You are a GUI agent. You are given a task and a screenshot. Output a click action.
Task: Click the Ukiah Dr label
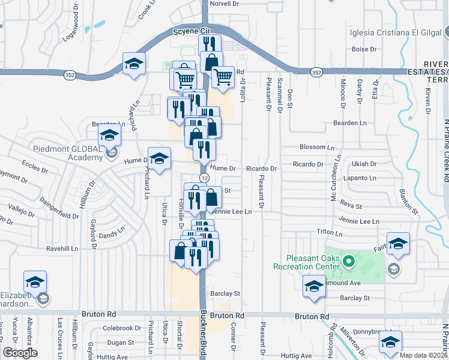[364, 164]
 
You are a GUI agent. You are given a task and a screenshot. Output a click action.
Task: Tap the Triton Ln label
[330, 232]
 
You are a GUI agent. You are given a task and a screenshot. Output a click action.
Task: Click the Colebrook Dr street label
[121, 328]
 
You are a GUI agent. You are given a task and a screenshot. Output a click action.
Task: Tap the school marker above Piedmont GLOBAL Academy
[110, 136]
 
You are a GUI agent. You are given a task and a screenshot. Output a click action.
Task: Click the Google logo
[20, 353]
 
